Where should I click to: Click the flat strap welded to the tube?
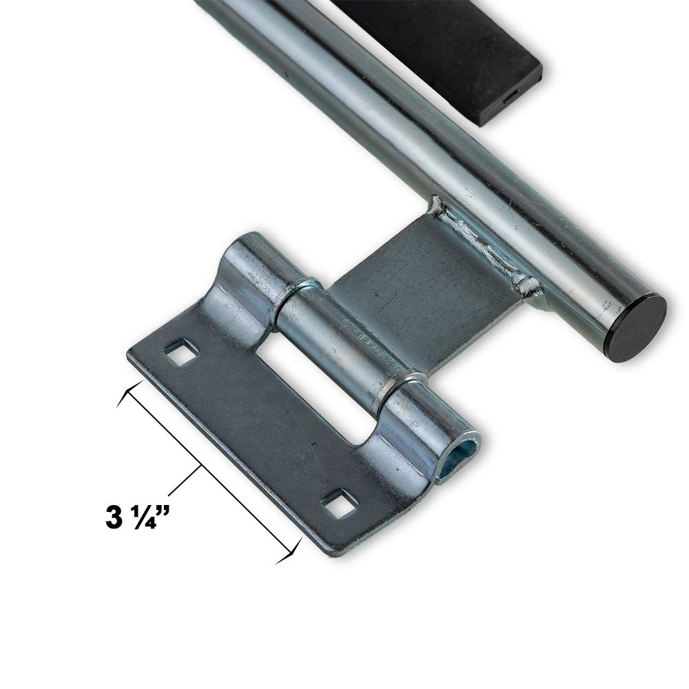[427, 276]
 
